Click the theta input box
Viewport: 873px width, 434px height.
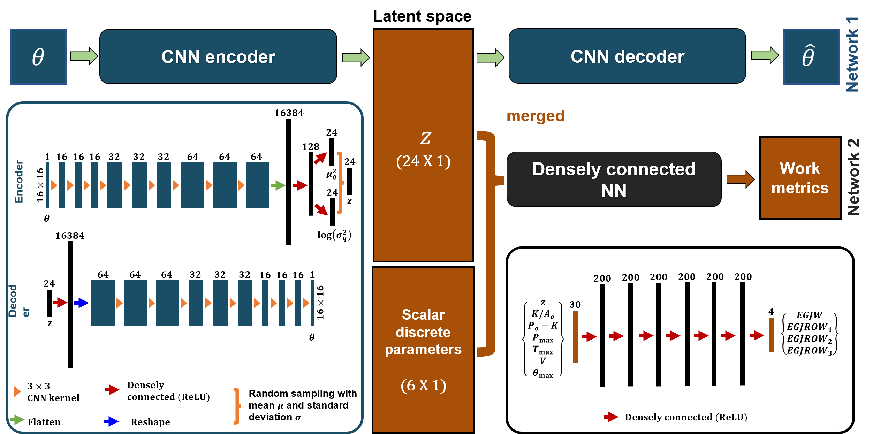[38, 56]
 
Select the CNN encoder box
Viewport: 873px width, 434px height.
[218, 56]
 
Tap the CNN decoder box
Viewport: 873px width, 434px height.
[627, 56]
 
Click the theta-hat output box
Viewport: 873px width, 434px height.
[811, 56]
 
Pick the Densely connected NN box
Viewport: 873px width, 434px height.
[614, 179]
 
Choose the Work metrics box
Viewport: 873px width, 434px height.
[800, 178]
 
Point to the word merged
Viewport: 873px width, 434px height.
[535, 116]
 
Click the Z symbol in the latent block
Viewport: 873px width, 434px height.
[425, 138]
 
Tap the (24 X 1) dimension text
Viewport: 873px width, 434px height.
[423, 161]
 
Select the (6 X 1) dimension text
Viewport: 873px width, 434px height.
[423, 385]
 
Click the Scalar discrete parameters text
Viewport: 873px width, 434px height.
[423, 332]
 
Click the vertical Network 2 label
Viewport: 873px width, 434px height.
[853, 177]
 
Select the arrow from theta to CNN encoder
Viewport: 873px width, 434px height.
[84, 56]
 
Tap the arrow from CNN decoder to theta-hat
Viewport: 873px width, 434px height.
[764, 55]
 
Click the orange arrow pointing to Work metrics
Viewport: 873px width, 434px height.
[740, 179]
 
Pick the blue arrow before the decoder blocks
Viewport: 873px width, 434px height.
[82, 303]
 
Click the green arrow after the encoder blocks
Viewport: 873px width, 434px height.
[278, 185]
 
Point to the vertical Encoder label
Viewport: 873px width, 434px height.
[19, 181]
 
